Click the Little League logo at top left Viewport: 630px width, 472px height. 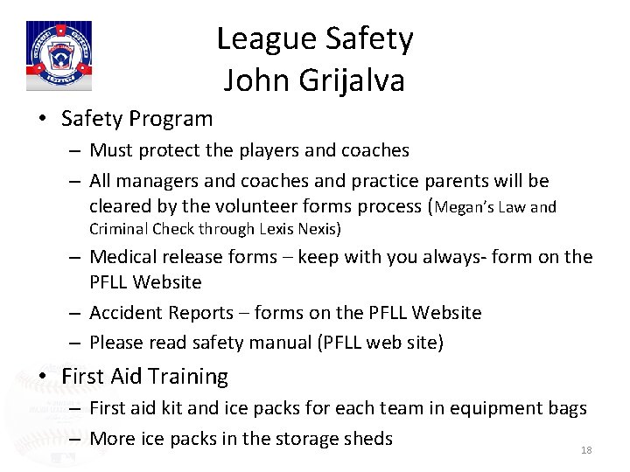click(x=59, y=55)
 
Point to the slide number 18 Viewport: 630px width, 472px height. click(x=586, y=450)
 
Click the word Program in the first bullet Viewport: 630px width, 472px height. click(x=172, y=118)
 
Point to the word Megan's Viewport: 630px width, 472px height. click(x=468, y=207)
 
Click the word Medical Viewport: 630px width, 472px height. click(x=122, y=256)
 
